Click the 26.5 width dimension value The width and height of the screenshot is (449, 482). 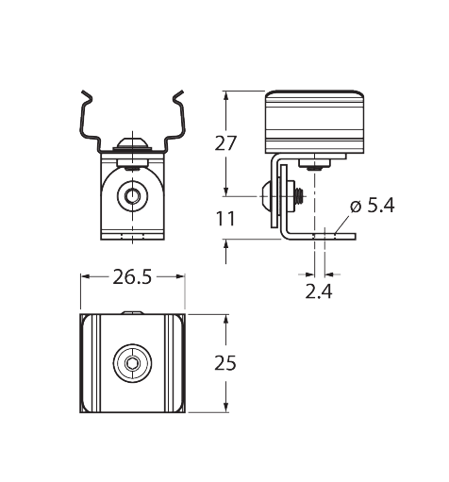pos(132,277)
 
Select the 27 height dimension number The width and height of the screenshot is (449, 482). pos(225,143)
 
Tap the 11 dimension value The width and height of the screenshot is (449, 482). pos(225,219)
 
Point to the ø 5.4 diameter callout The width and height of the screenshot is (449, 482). pos(373,207)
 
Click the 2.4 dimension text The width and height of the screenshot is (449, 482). pos(319,291)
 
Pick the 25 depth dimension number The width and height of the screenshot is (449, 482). pos(225,363)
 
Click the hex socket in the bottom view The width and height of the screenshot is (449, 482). pos(132,363)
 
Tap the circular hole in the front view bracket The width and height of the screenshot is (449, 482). pos(132,196)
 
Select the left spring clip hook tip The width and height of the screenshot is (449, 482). pos(83,92)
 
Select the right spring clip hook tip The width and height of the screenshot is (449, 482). pos(182,92)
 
